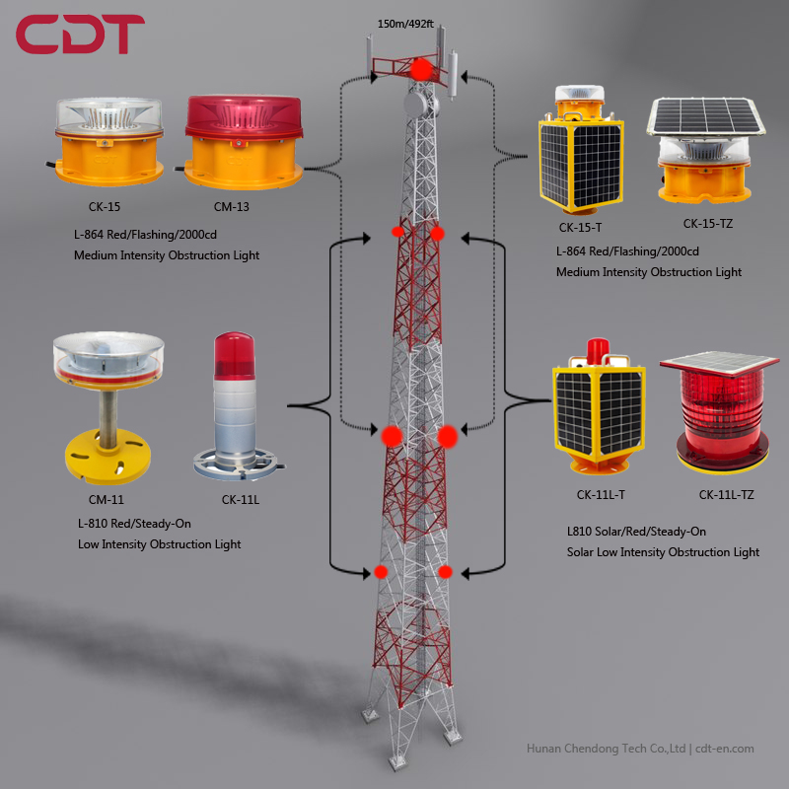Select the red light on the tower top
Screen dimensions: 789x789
pos(421,70)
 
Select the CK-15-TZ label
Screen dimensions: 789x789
pos(707,224)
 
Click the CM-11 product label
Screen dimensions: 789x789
pos(106,499)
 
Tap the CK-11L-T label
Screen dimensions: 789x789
pos(601,494)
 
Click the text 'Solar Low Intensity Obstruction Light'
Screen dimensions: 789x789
pos(663,552)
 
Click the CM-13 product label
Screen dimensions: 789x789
pos(232,207)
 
